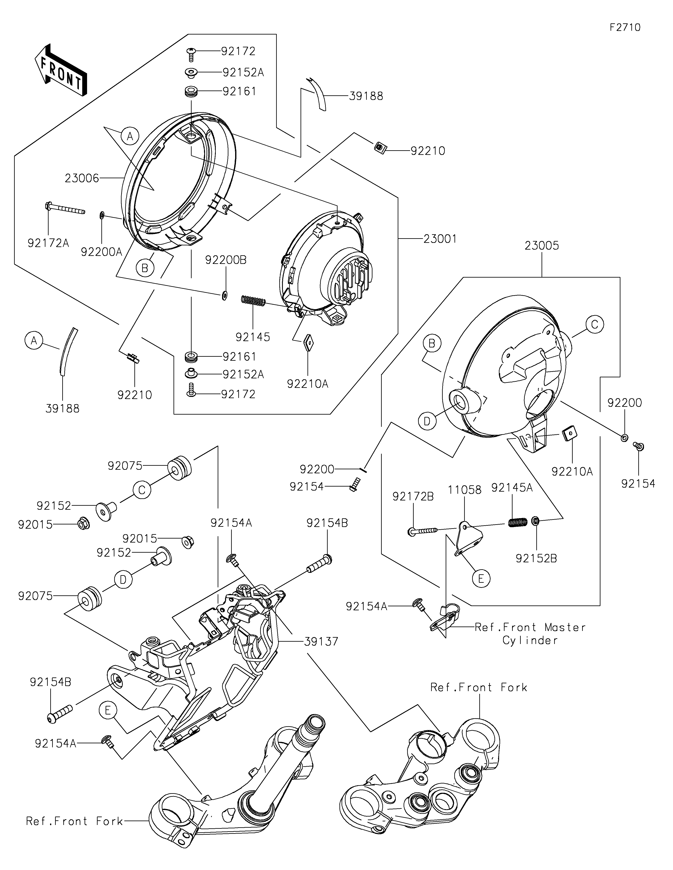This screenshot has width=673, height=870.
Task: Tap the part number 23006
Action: tap(82, 178)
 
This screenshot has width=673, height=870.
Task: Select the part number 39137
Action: tap(321, 641)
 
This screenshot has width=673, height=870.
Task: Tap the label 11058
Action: tap(464, 490)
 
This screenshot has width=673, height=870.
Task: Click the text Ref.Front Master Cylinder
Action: tap(530, 634)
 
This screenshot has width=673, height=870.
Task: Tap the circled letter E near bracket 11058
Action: tap(481, 578)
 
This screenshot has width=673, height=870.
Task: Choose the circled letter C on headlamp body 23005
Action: tap(594, 325)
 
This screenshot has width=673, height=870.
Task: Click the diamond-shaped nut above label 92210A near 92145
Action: tap(309, 342)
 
